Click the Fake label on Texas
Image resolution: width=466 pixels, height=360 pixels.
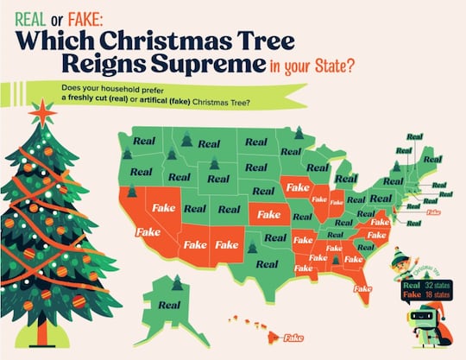227,244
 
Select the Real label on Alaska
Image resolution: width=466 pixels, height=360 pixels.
169,304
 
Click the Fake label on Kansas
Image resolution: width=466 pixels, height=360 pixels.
265,213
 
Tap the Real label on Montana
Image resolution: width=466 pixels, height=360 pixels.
206,143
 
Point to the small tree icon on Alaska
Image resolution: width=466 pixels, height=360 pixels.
176,282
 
